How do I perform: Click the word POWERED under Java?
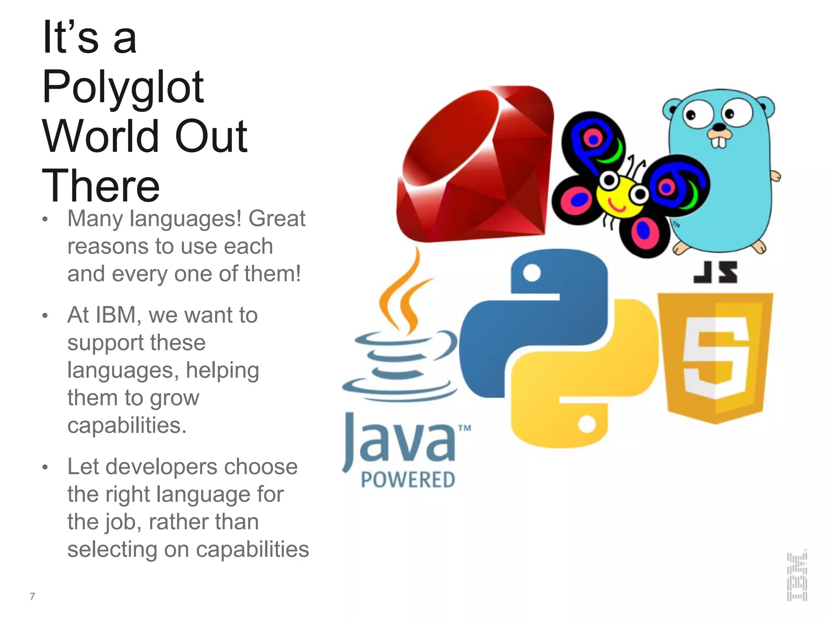408,480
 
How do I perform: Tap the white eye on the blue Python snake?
532,274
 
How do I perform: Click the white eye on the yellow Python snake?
587,424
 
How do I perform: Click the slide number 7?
32,596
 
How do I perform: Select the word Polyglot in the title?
123,87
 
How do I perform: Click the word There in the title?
101,186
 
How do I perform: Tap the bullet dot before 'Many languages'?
45,220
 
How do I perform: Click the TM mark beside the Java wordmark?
465,428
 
